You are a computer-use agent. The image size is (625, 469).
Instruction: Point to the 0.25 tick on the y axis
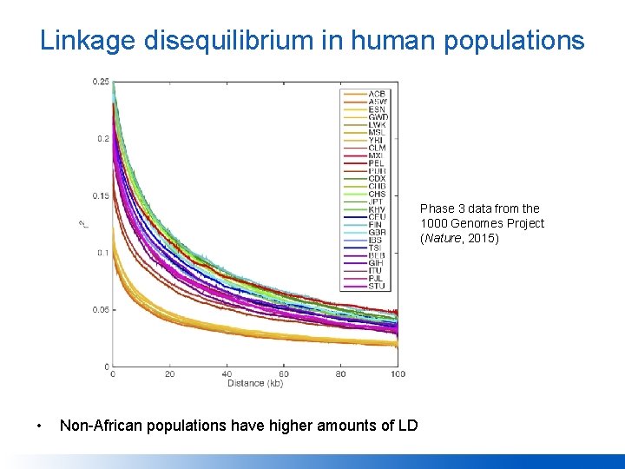pos(101,82)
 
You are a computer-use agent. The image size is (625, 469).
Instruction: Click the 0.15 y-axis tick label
pos(101,195)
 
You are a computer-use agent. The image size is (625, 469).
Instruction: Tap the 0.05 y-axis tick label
pos(101,309)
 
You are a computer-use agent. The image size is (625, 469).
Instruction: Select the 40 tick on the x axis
pos(227,374)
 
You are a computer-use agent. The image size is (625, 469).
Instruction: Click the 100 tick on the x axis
pos(398,374)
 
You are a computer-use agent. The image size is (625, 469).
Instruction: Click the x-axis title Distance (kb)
pos(254,384)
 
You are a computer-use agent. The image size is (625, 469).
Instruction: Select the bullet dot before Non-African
pos(39,426)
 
